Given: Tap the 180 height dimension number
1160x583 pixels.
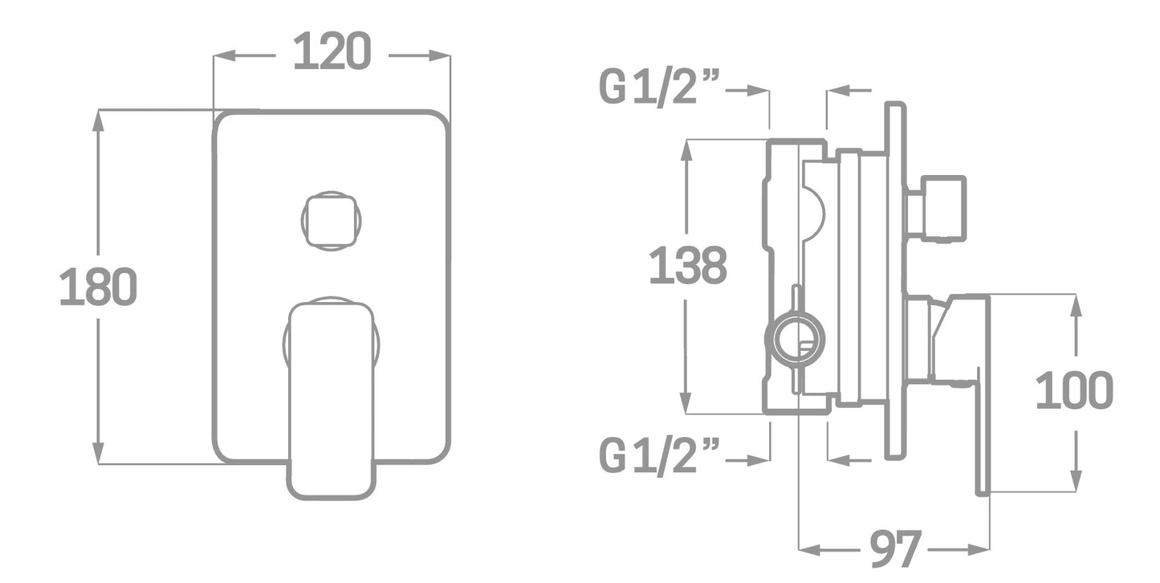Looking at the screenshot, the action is tap(99, 287).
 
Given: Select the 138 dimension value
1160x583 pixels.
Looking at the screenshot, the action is tap(688, 265).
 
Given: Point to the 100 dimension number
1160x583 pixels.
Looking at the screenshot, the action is tap(1075, 389).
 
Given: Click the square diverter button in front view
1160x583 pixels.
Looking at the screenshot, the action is tap(332, 221).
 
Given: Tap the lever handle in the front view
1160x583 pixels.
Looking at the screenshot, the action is tap(332, 400).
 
